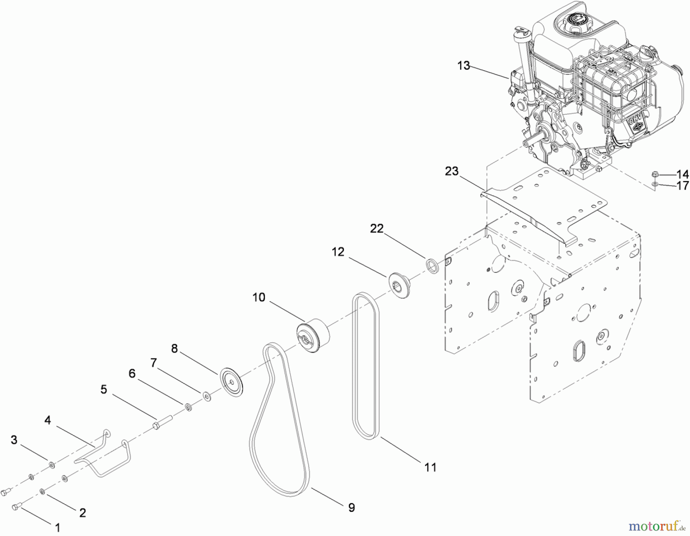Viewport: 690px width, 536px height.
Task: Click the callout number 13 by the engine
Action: point(463,66)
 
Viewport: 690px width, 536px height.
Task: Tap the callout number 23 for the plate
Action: point(452,171)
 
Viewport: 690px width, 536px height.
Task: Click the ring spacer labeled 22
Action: point(432,266)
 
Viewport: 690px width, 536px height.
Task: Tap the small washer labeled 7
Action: point(206,396)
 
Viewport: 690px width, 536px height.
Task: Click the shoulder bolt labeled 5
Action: point(162,424)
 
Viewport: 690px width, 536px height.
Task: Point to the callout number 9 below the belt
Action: point(351,508)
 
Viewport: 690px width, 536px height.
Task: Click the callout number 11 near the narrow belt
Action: point(430,467)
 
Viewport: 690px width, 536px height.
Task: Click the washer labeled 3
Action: point(52,465)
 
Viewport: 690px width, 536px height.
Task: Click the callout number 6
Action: point(132,373)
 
